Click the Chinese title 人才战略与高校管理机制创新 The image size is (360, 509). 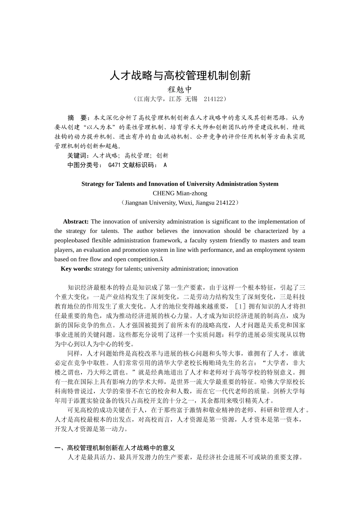tap(180, 75)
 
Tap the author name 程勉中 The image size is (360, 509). tap(180, 90)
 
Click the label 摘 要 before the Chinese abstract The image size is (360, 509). tap(78, 118)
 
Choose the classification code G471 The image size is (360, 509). tap(114, 165)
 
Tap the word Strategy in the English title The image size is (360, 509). tap(92, 184)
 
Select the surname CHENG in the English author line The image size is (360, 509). tap(164, 193)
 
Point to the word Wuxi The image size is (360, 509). tap(185, 203)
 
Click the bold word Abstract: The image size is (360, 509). tap(76, 222)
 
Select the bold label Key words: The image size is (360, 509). tap(76, 269)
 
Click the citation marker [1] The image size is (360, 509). tap(240, 306)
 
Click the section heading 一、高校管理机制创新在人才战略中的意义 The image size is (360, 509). tap(115, 448)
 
